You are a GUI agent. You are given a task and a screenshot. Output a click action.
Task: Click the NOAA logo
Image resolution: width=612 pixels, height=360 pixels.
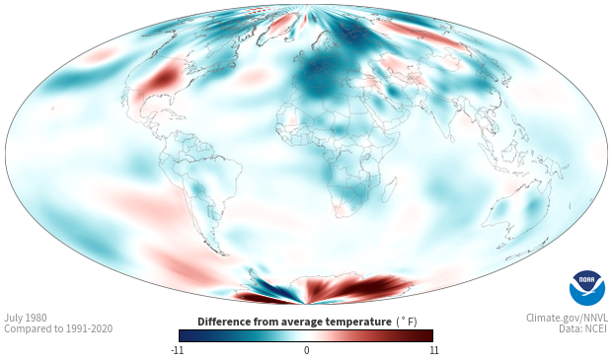[587, 288]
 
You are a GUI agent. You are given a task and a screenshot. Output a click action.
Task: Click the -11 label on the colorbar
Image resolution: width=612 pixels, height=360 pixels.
[178, 350]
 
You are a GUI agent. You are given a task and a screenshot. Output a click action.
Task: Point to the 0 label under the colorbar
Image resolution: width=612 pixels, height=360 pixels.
[306, 350]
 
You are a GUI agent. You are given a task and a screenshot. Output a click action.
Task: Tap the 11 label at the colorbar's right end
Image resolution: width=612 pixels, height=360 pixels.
[433, 350]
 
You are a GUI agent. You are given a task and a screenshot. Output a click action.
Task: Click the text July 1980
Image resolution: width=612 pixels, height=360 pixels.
[26, 318]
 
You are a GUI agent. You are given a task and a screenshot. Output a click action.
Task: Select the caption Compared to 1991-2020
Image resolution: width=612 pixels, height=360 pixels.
[58, 328]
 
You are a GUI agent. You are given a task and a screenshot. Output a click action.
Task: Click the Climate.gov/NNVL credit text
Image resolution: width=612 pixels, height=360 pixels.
[567, 318]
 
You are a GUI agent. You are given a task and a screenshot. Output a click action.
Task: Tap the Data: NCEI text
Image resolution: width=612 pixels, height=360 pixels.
[583, 328]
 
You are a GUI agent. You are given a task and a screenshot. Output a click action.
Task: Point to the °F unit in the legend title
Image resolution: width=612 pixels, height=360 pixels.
[407, 323]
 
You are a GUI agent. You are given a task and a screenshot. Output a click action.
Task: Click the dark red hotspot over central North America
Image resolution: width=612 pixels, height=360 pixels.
[163, 77]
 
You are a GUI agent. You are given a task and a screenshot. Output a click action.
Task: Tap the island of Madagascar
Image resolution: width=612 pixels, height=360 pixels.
[389, 188]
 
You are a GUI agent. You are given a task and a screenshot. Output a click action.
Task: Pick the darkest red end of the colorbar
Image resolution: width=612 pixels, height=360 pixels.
[428, 335]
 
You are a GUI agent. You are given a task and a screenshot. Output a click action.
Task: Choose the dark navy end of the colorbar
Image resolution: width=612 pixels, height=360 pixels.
[185, 335]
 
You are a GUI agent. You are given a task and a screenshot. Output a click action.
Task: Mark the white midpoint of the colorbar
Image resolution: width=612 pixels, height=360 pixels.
[306, 335]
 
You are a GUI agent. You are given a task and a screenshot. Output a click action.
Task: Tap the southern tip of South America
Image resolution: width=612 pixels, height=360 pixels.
[223, 253]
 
